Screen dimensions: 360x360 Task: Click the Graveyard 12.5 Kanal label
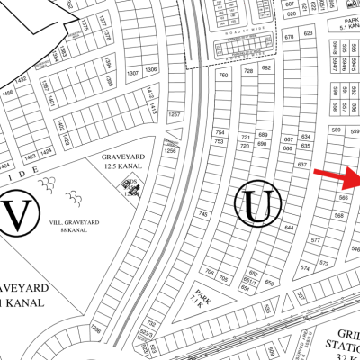coord(122,161)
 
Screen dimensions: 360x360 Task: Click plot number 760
coord(223,76)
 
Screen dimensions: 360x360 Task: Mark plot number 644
coord(290,228)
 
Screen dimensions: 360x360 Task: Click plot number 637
coord(302,166)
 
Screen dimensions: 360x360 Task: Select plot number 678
coord(289,38)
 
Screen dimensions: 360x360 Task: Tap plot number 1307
coord(132,71)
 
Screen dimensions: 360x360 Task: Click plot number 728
coord(247,69)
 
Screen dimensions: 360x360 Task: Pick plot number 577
coord(314,240)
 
